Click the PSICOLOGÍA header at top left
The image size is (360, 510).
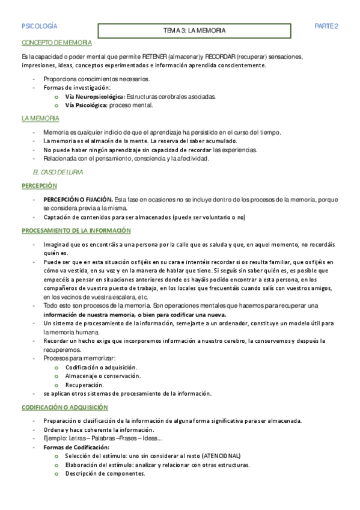39,26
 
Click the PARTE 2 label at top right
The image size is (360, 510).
327,26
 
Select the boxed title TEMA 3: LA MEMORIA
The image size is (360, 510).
195,29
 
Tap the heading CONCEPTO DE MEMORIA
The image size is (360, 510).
56,43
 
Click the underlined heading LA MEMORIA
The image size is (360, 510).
40,118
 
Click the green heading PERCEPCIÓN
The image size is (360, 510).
39,186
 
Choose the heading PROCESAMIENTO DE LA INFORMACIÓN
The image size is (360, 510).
76,230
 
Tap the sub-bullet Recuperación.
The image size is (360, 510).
85,385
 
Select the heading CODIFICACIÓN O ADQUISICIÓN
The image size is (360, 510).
65,407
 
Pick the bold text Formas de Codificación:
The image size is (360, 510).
76,447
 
